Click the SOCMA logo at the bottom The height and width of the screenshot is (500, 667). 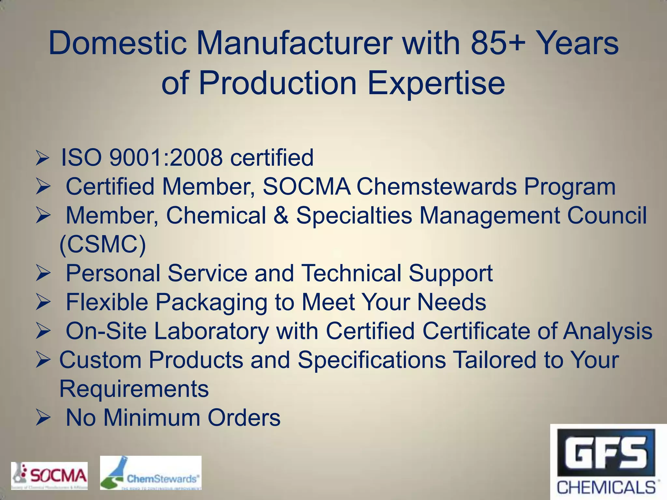50,476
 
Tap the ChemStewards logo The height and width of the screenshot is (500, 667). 150,473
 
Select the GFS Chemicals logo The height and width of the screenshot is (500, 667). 608,462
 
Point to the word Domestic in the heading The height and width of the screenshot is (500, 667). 118,43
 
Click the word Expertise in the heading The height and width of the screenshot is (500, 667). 436,83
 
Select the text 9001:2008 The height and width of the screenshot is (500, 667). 166,158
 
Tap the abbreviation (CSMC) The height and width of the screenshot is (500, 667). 103,244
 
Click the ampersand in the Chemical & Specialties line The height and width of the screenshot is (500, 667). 281,215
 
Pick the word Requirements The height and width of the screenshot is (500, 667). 134,389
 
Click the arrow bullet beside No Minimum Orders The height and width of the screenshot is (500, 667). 43,418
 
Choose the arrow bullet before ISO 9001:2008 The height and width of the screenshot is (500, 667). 43,159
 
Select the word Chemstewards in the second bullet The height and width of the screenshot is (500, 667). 436,187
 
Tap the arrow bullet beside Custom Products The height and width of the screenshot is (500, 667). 43,361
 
